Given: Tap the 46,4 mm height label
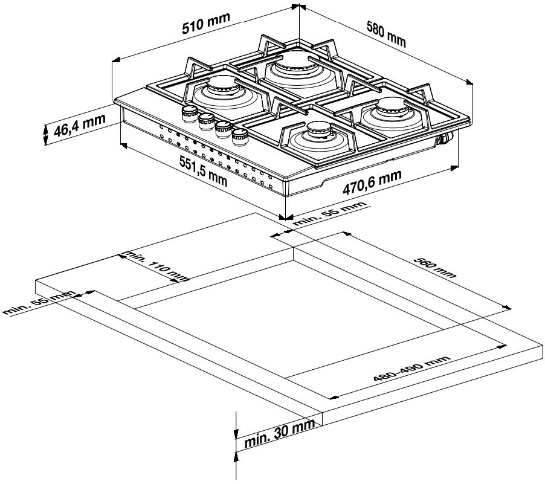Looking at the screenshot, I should click(x=75, y=126).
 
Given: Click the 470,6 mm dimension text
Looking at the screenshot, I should click(x=372, y=182).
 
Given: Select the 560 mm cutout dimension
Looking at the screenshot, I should click(x=435, y=266).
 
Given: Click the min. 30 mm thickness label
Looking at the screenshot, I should click(x=280, y=436).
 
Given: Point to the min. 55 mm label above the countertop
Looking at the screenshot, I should click(x=329, y=215).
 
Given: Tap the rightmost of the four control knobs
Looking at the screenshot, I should click(x=240, y=135).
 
